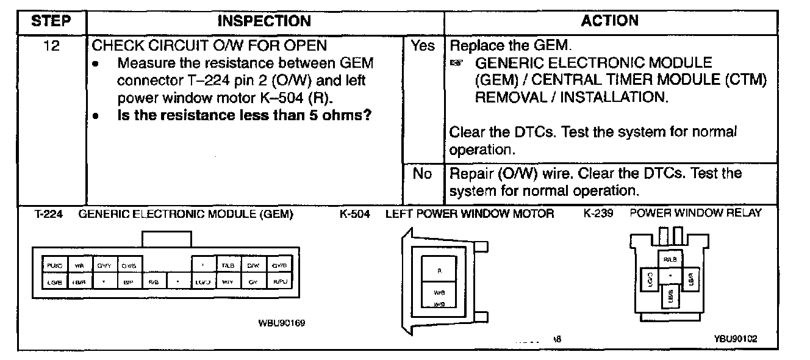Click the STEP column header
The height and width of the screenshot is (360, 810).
pos(52,21)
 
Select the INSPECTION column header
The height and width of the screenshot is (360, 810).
pos(264,21)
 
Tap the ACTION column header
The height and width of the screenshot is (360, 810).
pos(609,21)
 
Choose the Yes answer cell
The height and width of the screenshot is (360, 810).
pos(423,46)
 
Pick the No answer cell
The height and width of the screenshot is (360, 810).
pos(423,174)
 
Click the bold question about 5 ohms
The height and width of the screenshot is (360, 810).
pos(244,115)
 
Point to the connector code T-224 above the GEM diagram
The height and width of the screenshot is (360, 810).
pos(46,214)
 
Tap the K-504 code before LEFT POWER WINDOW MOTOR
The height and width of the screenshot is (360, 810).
pos(355,214)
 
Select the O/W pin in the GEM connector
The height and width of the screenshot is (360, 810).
pos(253,265)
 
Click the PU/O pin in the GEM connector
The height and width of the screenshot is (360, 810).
pos(54,265)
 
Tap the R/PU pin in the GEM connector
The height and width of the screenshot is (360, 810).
pos(279,282)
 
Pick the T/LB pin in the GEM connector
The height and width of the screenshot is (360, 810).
pos(228,265)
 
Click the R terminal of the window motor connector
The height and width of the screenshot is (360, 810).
pos(439,269)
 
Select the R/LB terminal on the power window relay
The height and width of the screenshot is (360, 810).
pos(670,259)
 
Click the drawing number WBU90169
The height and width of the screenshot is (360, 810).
pos(282,323)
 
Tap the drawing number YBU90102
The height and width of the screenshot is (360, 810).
pos(736,339)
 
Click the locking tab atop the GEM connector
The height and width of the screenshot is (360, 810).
pos(167,239)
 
